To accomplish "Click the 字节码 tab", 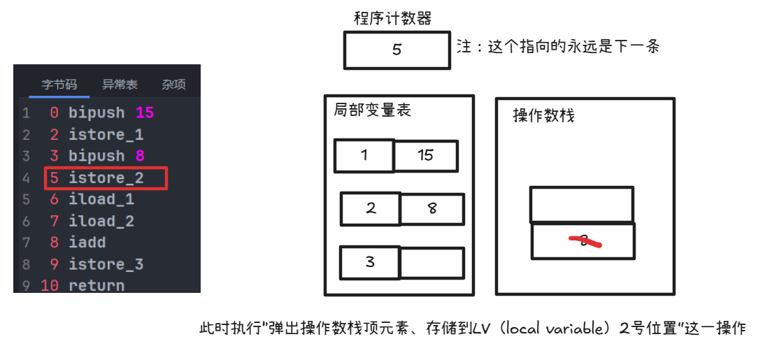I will click(x=59, y=85).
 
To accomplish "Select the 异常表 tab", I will click(x=120, y=85).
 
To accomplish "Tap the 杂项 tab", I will click(x=174, y=85).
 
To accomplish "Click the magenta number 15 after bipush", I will click(x=145, y=113).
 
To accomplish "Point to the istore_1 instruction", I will click(x=106, y=134).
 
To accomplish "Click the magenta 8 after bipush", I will click(x=139, y=156).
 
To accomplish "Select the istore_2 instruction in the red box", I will click(x=106, y=178).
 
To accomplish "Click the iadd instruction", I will click(x=87, y=243).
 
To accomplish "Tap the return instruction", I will click(x=97, y=286).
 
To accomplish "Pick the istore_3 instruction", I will click(x=106, y=264).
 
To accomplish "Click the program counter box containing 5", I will click(x=396, y=50).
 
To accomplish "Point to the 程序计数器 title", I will click(x=392, y=19).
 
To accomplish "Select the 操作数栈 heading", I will click(x=543, y=115).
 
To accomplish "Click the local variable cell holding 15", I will click(x=426, y=156).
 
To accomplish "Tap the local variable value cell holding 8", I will click(x=432, y=209).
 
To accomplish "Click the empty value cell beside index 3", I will click(x=431, y=263).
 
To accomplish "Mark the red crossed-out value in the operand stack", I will click(x=584, y=241).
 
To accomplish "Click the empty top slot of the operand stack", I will click(x=582, y=204).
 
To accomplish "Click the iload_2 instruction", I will click(x=101, y=221).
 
